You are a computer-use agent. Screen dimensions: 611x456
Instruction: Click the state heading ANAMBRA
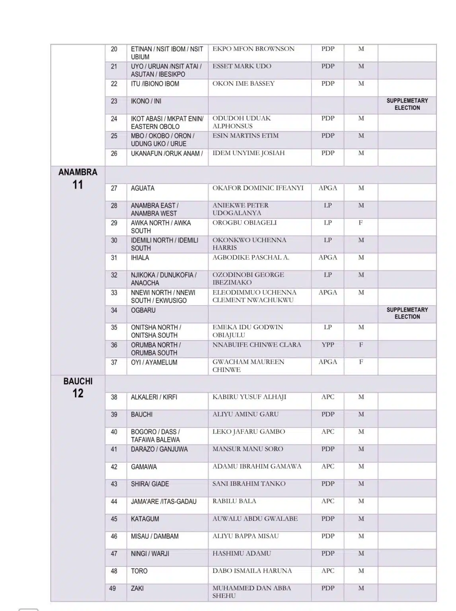click(78, 172)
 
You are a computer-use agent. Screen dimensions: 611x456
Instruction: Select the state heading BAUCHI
click(78, 381)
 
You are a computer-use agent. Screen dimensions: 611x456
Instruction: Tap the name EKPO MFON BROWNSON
click(253, 49)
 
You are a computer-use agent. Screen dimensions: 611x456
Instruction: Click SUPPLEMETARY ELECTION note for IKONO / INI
click(407, 104)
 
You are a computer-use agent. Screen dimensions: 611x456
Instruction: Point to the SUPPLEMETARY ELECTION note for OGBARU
click(407, 313)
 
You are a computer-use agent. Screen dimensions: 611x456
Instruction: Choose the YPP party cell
click(328, 344)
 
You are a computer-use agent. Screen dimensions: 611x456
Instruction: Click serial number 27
click(114, 188)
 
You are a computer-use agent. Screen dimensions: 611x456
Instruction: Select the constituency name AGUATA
click(142, 188)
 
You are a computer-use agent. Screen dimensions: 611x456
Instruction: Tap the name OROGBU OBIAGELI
click(244, 223)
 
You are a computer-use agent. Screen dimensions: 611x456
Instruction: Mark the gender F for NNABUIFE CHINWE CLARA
click(361, 344)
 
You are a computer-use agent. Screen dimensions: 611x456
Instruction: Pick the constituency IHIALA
click(140, 258)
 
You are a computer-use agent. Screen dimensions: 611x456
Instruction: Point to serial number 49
click(113, 588)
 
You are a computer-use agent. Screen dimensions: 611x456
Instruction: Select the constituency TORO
click(139, 571)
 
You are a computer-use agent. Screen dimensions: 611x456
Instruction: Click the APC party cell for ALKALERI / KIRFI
click(328, 397)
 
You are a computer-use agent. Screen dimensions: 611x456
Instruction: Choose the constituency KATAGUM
click(145, 519)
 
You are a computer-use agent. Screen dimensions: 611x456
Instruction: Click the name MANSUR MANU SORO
click(248, 449)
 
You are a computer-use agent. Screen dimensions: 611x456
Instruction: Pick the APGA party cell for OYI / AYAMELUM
click(328, 362)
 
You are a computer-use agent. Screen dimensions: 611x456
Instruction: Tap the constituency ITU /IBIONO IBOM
click(155, 84)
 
